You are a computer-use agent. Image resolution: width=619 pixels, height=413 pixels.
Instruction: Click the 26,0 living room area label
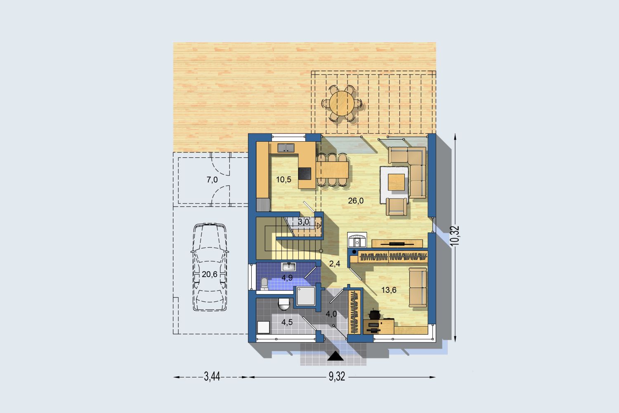point(356,201)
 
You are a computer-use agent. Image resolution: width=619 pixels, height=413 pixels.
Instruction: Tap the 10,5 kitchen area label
point(284,180)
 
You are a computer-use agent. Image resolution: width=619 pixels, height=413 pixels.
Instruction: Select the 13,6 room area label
point(389,290)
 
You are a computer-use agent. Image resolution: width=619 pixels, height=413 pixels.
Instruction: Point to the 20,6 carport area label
point(210,274)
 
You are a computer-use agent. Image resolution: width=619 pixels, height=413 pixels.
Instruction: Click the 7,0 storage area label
point(212,180)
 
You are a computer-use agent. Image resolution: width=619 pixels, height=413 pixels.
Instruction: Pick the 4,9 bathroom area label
point(287,278)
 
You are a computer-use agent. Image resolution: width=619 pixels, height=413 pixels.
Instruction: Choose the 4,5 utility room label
point(287,322)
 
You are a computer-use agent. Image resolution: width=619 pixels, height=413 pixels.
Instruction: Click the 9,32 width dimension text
point(337,377)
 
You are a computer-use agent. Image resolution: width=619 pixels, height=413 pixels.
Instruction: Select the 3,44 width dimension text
point(212,377)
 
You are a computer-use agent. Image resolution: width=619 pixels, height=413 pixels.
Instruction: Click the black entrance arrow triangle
point(335,356)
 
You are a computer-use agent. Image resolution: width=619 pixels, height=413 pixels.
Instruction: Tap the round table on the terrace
point(342,104)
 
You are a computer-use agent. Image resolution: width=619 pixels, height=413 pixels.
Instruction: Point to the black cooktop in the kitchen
point(305,173)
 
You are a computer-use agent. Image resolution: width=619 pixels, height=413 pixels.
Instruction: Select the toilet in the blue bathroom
point(264,284)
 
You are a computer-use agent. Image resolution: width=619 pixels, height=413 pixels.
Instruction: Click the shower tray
point(306,296)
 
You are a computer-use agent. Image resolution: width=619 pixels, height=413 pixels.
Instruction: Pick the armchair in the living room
point(397,206)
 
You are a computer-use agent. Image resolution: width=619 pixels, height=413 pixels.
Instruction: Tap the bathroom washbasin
point(288,267)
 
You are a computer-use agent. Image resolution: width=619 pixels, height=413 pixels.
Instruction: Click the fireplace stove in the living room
point(357,240)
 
